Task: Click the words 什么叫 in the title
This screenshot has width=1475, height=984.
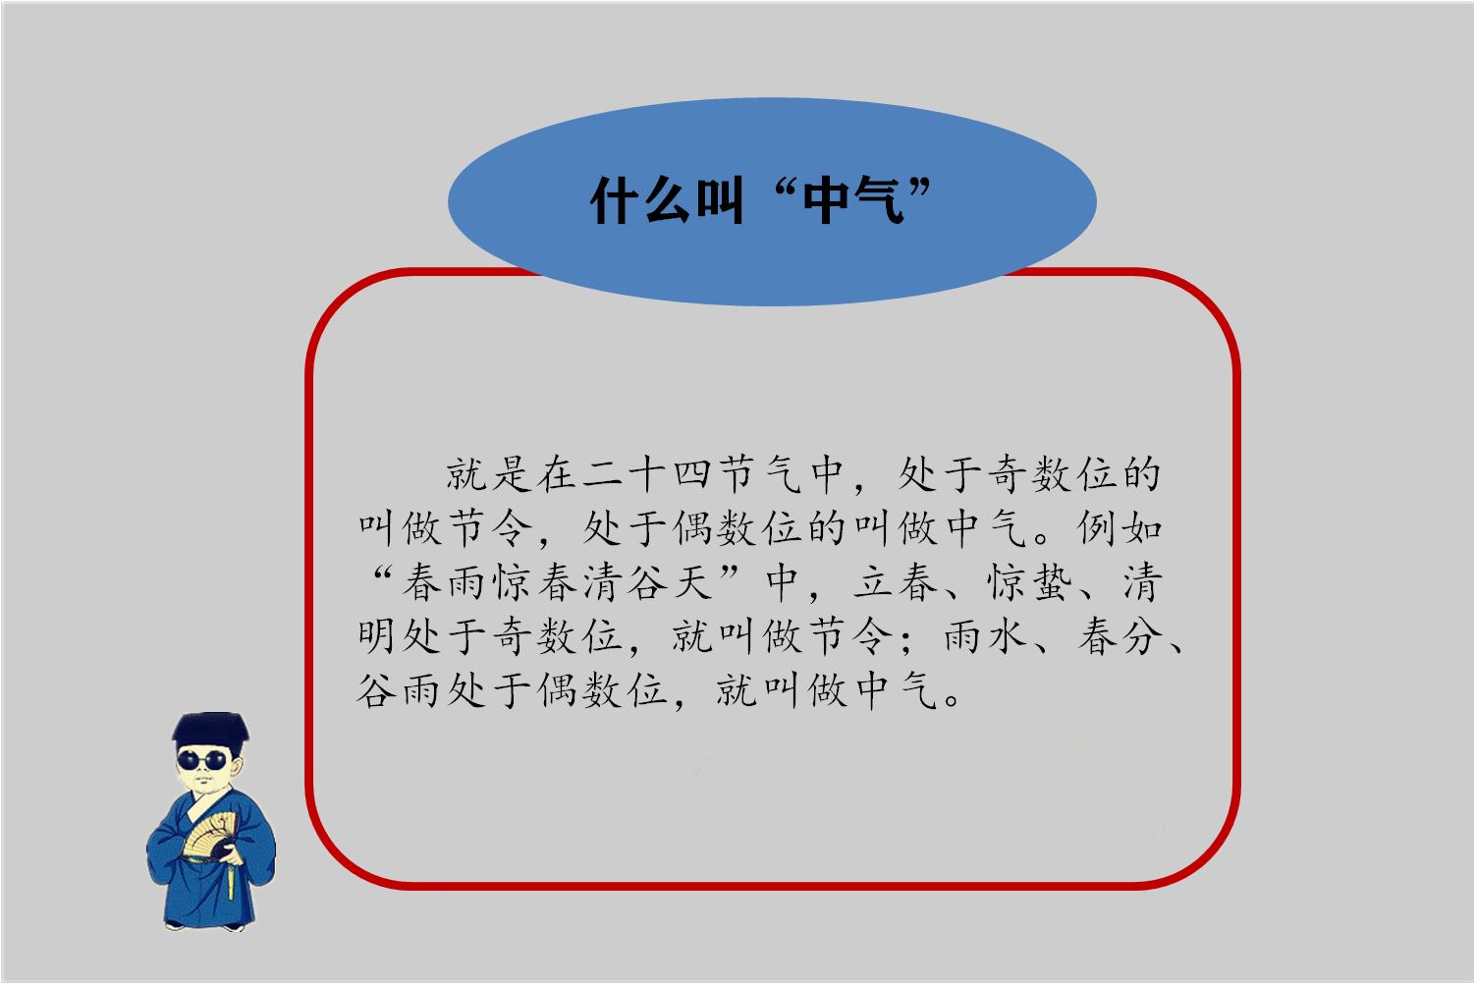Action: coord(667,201)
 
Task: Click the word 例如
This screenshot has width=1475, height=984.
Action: coord(1120,528)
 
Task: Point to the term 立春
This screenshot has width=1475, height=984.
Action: coord(896,582)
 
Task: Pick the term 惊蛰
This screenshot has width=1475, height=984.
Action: coord(1031,582)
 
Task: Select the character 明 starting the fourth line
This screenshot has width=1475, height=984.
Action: coord(376,637)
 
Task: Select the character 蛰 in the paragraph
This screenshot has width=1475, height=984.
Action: coord(1054,582)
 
